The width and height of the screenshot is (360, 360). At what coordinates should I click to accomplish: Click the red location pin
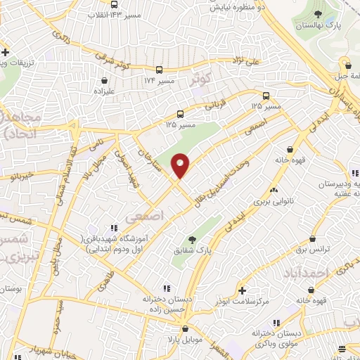181,165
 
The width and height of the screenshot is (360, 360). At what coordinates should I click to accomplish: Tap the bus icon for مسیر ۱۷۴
160,70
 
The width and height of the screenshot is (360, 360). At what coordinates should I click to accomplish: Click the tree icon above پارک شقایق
192,240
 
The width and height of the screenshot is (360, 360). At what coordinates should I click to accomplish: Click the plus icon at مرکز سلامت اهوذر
243,290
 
